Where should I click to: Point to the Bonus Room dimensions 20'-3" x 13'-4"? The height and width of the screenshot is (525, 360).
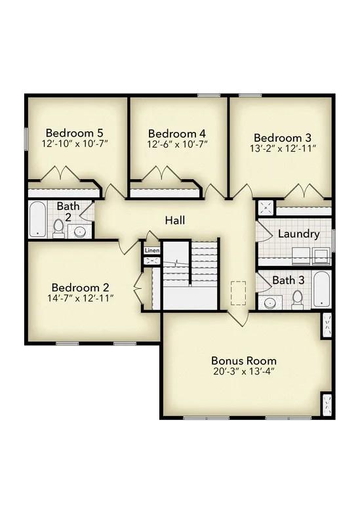click(243, 372)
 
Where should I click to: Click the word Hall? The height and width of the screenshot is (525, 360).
click(175, 219)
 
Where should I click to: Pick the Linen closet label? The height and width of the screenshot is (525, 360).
click(151, 251)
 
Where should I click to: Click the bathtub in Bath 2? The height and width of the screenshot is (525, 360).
click(37, 220)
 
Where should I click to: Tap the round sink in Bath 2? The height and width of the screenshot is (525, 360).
click(81, 231)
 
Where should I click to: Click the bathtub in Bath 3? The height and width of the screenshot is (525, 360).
click(321, 289)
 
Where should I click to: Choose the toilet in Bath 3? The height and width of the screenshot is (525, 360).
click(297, 299)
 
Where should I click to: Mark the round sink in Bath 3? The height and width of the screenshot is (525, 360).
click(270, 303)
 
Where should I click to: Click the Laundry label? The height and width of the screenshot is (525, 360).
click(298, 234)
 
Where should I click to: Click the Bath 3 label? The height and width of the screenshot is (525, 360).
click(288, 280)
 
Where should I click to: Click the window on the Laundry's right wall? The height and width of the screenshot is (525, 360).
click(333, 240)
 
